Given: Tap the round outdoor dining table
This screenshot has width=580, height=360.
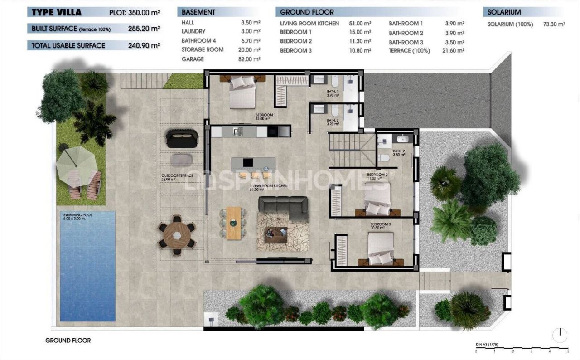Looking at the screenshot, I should tap(177, 234).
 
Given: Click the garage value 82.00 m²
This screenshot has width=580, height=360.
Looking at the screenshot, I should tap(250, 59).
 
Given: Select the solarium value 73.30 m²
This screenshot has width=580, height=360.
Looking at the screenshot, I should tap(554, 24).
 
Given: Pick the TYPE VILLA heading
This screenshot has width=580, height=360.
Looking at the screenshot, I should tap(57, 12).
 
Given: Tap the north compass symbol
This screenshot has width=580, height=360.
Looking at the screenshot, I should tap(560, 335).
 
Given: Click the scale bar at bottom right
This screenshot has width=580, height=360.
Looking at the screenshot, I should tap(522, 350).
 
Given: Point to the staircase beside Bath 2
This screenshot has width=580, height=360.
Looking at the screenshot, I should tap(352, 149).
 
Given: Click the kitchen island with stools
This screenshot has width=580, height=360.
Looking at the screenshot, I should tap(253, 164).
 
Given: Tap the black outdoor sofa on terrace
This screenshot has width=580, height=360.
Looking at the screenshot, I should tap(182, 138).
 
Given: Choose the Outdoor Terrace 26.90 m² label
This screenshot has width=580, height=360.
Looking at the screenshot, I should tap(177, 177).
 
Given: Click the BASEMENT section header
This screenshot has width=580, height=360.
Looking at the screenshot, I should tap(198, 12).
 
